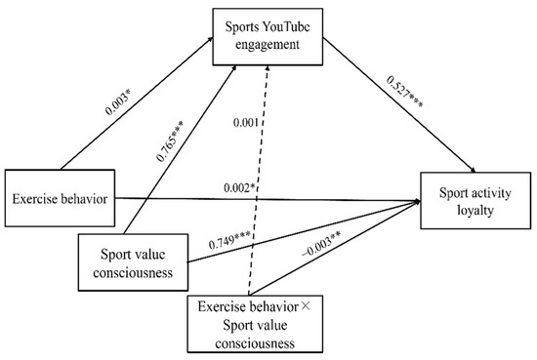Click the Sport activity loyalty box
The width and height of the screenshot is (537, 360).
473,199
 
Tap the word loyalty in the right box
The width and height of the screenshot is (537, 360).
472,209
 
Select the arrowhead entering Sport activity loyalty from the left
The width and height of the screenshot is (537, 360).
417,201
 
